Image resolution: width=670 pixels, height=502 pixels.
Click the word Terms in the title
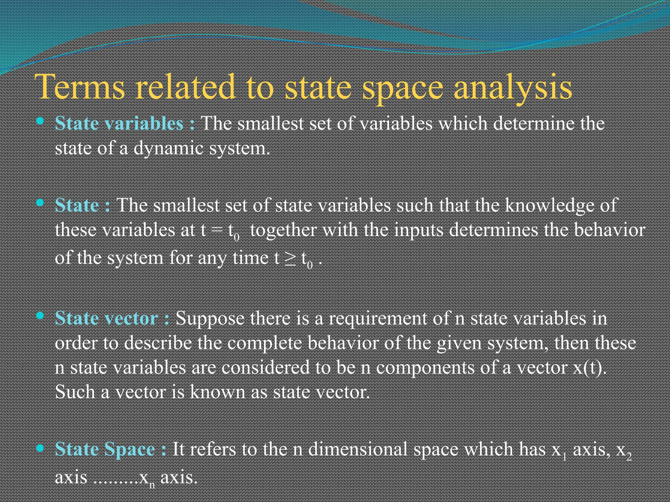80,87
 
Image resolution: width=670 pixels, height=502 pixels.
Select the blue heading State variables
119,124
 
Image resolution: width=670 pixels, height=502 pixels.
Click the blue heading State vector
107,318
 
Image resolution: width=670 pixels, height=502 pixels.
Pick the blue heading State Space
105,449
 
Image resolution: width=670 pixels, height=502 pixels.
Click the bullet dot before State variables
40,121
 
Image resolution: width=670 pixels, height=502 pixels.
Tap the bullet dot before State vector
40,316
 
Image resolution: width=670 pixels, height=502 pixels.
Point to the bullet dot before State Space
40,448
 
